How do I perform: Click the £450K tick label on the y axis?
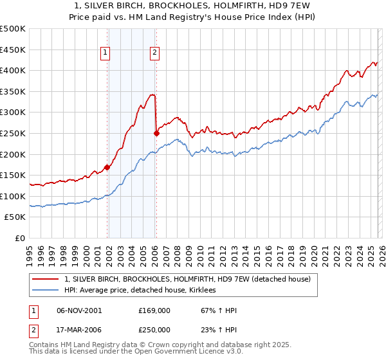click(x=13, y=50)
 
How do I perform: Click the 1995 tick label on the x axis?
click(x=30, y=250)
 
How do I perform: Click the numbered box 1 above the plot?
click(x=105, y=53)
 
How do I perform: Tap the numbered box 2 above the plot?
click(x=155, y=53)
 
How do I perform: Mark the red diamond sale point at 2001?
click(x=107, y=167)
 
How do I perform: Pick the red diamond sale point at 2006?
click(x=156, y=134)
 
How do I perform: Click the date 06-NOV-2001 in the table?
click(x=79, y=310)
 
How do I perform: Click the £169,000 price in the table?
click(x=154, y=310)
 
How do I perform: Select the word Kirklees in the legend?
click(x=201, y=290)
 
